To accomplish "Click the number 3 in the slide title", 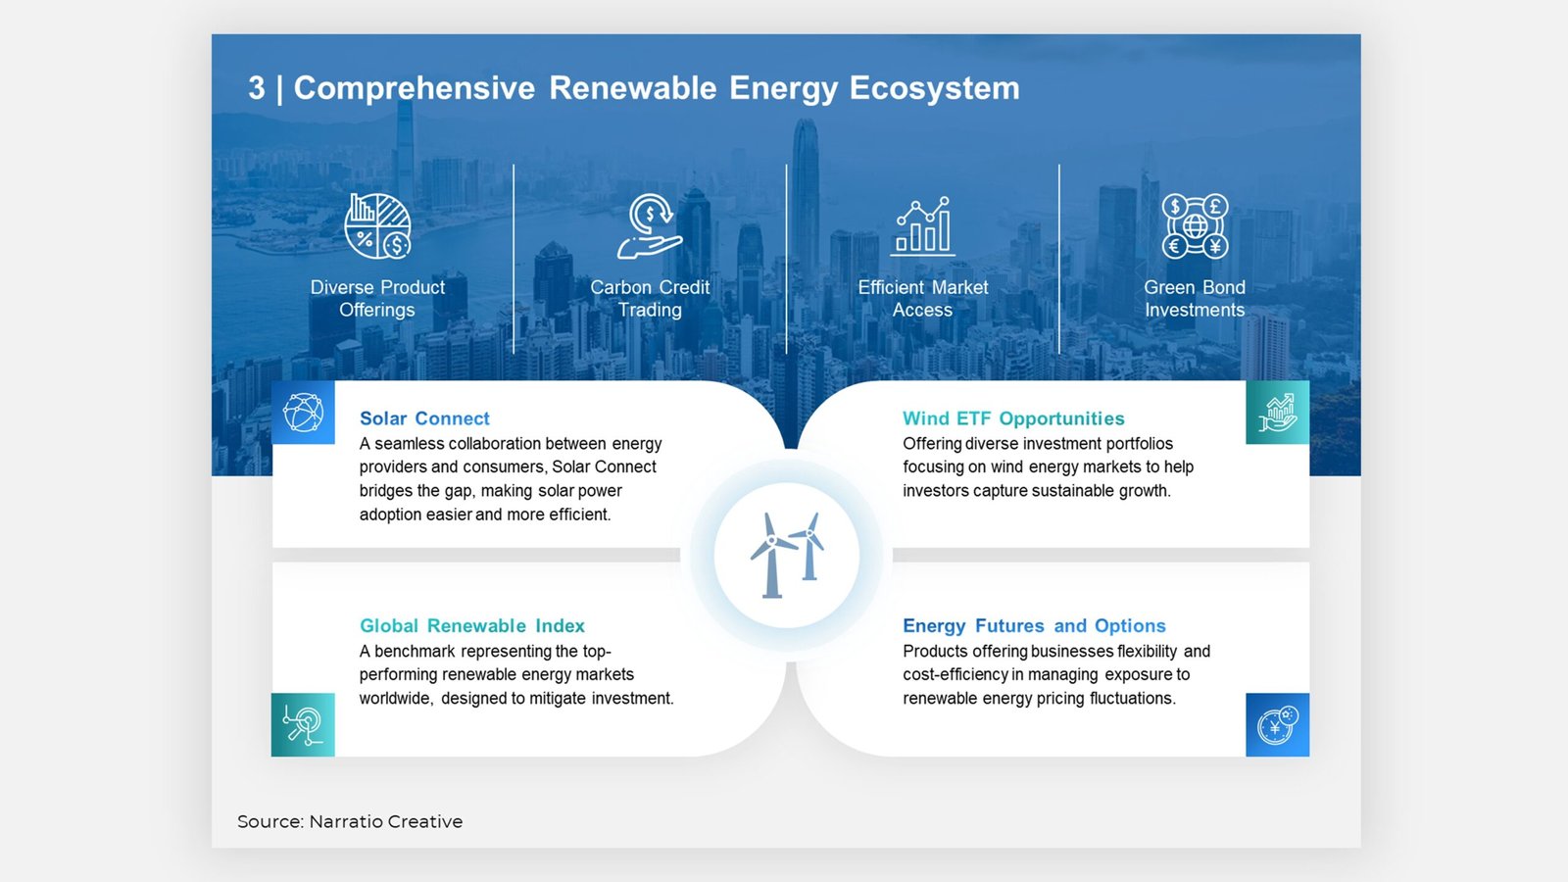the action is click(257, 88).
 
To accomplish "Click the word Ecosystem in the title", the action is click(935, 89).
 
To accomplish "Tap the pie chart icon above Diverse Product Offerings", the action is click(378, 226).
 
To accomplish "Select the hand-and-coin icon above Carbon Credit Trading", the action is click(651, 226).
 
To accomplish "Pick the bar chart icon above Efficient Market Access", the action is click(922, 226).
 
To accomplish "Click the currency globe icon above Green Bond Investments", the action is click(1195, 226).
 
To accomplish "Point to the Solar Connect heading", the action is click(424, 418).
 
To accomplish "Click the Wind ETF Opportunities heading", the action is click(1013, 418).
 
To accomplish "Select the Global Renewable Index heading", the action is click(471, 626).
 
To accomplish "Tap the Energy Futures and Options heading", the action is click(1034, 626).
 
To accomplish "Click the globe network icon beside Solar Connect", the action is click(303, 413).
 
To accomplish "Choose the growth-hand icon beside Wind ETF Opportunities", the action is click(1278, 413).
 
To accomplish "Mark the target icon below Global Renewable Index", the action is click(303, 724).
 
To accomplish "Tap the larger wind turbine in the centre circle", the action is click(771, 555).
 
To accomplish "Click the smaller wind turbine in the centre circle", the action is click(809, 547).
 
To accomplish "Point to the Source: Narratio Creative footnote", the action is click(350, 822).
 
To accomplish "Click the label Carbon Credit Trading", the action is click(650, 299).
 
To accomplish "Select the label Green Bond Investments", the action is click(1195, 299).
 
